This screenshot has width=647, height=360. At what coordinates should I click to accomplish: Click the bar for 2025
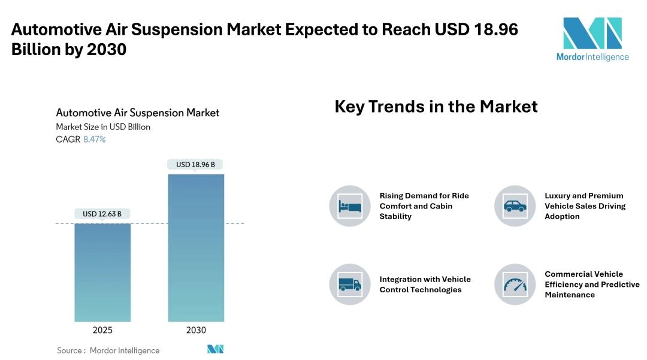pyautogui.click(x=102, y=273)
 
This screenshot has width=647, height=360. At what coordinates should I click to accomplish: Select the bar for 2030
pyautogui.click(x=196, y=248)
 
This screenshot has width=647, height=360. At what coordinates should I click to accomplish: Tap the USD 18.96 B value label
pyautogui.click(x=195, y=165)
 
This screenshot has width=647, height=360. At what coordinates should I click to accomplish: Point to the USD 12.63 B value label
pyautogui.click(x=102, y=214)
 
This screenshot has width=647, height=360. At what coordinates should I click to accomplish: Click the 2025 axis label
pyautogui.click(x=102, y=330)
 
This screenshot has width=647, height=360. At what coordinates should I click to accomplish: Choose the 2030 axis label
pyautogui.click(x=196, y=330)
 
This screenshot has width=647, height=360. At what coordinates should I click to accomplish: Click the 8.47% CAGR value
pyautogui.click(x=95, y=140)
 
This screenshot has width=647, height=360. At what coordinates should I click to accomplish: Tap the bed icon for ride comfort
pyautogui.click(x=350, y=206)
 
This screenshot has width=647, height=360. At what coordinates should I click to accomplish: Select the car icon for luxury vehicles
pyautogui.click(x=515, y=206)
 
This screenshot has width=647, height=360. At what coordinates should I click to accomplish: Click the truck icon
pyautogui.click(x=350, y=284)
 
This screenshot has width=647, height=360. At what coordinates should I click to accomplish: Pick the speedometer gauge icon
pyautogui.click(x=515, y=284)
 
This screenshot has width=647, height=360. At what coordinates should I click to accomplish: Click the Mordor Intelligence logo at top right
pyautogui.click(x=592, y=39)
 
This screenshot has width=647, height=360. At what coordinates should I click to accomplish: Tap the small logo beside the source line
pyautogui.click(x=216, y=349)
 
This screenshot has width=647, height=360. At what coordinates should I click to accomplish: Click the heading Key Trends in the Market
pyautogui.click(x=436, y=107)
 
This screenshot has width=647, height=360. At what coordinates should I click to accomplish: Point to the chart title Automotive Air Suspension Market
pyautogui.click(x=137, y=113)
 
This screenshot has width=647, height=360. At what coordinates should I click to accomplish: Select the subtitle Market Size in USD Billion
pyautogui.click(x=103, y=127)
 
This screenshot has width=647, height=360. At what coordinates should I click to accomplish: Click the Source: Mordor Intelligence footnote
pyautogui.click(x=108, y=350)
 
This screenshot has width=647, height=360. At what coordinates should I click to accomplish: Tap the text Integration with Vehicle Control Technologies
pyautogui.click(x=425, y=285)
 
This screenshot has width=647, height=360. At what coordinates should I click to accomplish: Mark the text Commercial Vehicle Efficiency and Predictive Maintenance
pyautogui.click(x=592, y=285)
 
